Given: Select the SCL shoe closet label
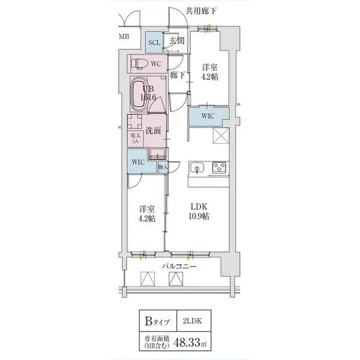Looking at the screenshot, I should tap(154, 43).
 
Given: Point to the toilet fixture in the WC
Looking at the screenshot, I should tap(137, 63).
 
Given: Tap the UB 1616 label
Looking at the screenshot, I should tap(148, 92).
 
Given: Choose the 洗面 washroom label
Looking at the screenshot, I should tap(153, 130).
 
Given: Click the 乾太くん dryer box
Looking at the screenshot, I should tap(136, 139).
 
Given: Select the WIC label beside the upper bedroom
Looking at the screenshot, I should tap(208, 116).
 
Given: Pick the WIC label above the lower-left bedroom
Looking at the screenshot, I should tap(137, 161).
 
